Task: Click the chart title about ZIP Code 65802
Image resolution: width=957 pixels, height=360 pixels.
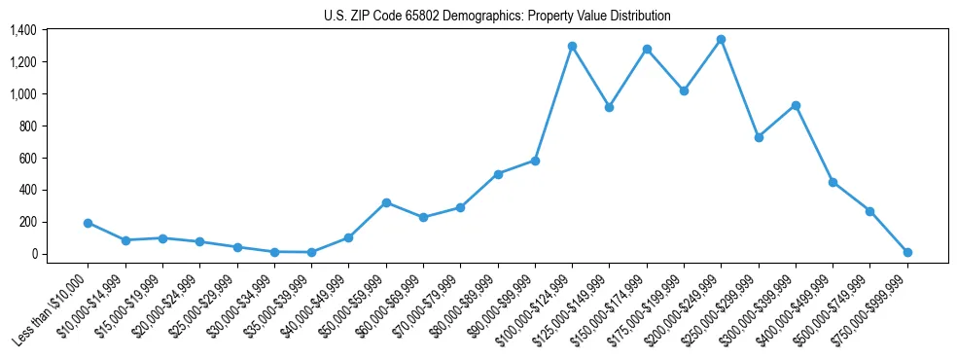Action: [x=497, y=17]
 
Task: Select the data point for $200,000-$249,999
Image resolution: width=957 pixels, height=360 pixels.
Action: [x=721, y=40]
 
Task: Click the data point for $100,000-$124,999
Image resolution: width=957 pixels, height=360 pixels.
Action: [x=572, y=46]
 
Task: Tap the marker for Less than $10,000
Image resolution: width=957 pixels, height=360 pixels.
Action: [x=88, y=223]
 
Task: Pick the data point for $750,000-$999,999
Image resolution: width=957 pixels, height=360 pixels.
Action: [x=907, y=252]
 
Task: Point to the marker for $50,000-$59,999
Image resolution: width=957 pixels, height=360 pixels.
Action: [x=386, y=202]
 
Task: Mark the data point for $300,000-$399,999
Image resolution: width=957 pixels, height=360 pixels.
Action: [x=796, y=105]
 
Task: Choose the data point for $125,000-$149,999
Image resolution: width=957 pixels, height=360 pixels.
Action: [x=609, y=107]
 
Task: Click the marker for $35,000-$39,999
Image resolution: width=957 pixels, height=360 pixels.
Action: [x=311, y=252]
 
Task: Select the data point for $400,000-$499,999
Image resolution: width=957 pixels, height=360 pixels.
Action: [x=833, y=182]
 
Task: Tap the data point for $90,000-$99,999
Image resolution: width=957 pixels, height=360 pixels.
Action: [x=535, y=161]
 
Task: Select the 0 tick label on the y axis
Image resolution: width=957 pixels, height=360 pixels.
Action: [x=33, y=254]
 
